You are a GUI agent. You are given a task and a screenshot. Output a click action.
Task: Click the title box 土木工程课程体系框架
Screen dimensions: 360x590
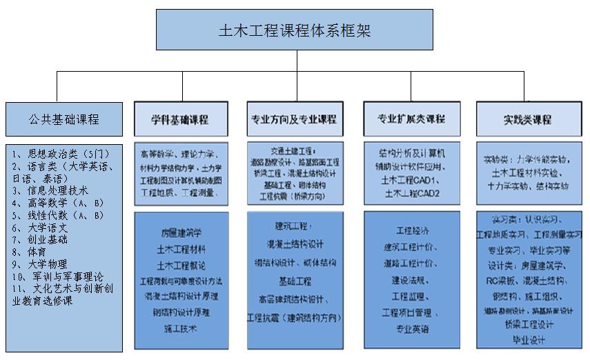tap(297, 30)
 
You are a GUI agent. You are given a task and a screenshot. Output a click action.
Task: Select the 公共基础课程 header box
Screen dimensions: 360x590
tap(64, 119)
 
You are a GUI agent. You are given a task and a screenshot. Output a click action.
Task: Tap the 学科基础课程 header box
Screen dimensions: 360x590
tap(180, 119)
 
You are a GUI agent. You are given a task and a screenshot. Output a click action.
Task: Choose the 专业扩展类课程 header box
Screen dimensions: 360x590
tap(411, 119)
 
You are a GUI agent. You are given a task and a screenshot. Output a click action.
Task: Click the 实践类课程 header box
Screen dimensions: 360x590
tap(528, 119)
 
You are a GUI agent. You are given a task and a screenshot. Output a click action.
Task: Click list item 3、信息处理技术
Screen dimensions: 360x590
tap(50, 191)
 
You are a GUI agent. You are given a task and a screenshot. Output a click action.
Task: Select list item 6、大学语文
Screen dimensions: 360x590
tap(40, 228)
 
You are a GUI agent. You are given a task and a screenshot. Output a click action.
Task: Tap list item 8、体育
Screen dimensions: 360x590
tap(29, 252)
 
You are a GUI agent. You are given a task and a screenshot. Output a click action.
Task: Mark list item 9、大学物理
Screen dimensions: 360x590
tap(40, 264)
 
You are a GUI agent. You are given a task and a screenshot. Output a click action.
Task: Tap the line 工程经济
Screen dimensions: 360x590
tap(412, 230)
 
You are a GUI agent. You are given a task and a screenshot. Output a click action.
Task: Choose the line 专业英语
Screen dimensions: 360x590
tap(412, 329)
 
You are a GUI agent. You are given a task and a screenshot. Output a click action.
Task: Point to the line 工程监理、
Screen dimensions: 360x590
tap(412, 296)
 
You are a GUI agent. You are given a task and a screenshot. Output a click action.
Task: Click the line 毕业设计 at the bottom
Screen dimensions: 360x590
tap(529, 340)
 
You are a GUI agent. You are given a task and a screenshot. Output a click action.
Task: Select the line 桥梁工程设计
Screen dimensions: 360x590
tap(529, 325)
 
